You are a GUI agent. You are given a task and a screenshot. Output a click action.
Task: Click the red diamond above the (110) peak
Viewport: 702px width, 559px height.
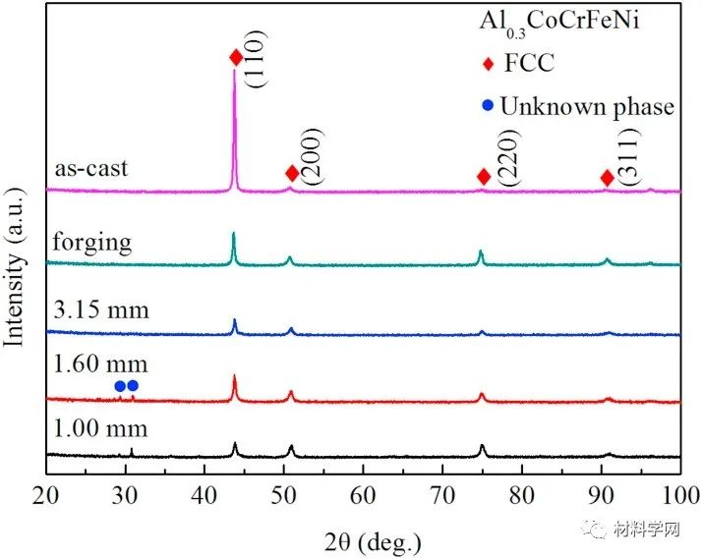236,58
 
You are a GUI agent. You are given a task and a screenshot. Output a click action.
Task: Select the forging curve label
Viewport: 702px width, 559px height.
91,242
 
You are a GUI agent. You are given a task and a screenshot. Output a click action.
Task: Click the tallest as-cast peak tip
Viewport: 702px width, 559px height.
234,71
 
